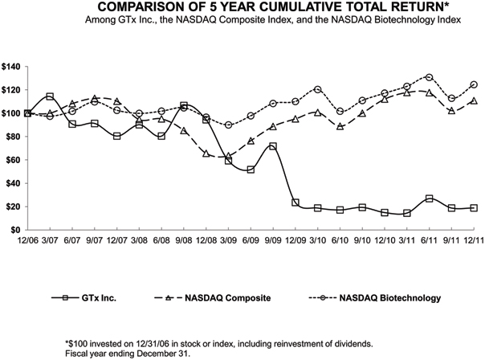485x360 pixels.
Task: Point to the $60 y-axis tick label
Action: pos(12,160)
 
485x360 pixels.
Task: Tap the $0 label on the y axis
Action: pos(15,230)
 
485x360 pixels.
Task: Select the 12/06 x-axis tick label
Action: pos(27,240)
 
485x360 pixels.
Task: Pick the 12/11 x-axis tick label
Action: pos(473,240)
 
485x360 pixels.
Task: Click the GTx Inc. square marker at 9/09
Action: pos(272,146)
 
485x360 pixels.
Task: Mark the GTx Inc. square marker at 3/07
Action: pos(50,96)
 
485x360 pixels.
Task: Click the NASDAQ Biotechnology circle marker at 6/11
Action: pos(430,77)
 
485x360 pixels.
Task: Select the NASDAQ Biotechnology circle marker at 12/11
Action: pos(474,84)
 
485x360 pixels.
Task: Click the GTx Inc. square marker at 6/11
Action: pos(430,198)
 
